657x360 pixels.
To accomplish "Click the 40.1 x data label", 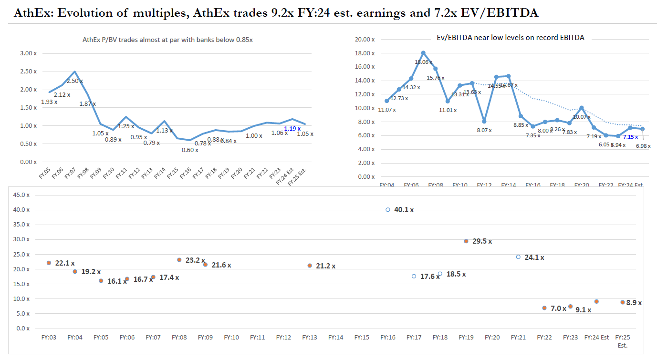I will coord(404,210).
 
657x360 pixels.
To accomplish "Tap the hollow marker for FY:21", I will coord(518,257).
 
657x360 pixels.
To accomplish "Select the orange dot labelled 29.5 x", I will coord(466,241).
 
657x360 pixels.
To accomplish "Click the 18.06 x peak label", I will coord(423,62).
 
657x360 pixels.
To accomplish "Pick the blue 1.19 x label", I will coord(292,129).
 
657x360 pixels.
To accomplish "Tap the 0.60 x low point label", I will coord(189,150).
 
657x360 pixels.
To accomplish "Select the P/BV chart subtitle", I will coord(168,40).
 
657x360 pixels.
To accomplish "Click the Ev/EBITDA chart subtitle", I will coord(511,37).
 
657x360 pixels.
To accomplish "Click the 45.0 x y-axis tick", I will coord(21,195).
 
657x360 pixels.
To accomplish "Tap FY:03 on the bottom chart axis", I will coord(49,338).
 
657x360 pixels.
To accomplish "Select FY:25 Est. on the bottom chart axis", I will coord(623,341).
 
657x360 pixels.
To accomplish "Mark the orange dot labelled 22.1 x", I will coord(49,263).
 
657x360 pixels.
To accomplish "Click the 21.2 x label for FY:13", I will coord(325,266).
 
